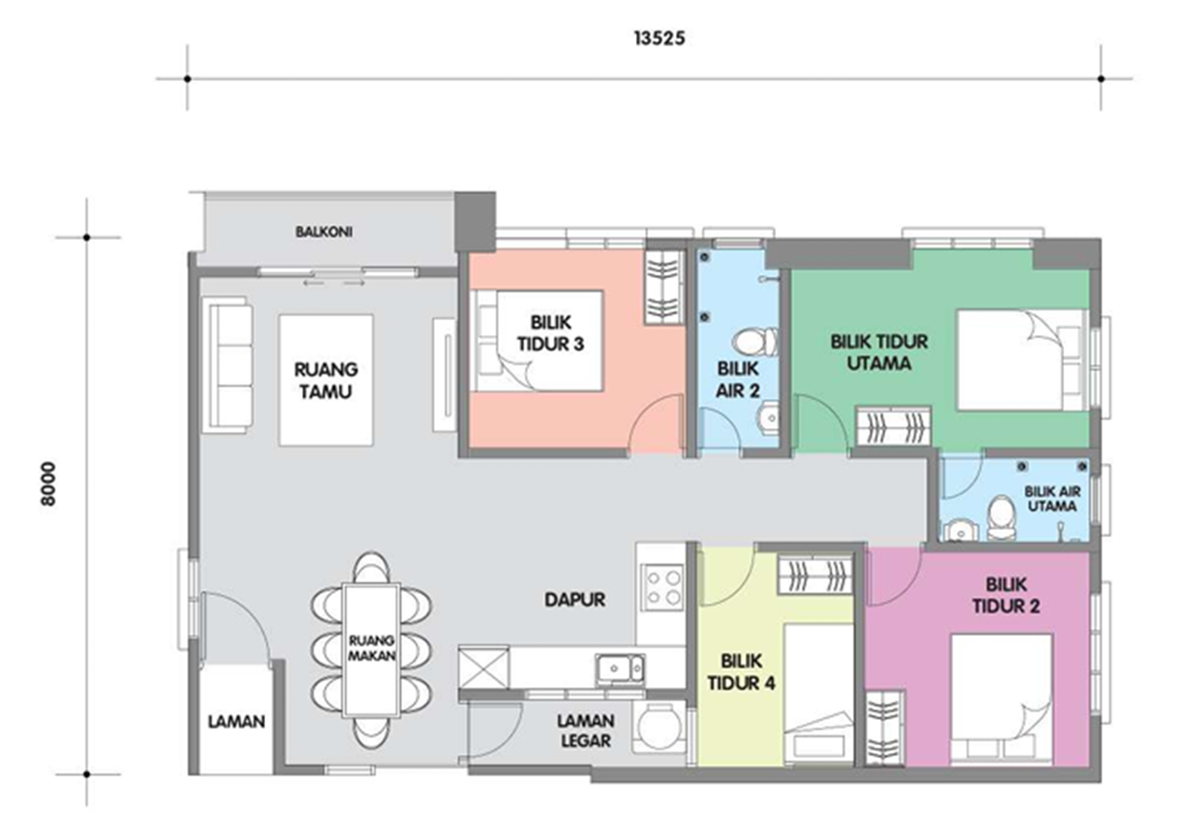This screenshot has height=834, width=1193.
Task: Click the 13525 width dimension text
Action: click(659, 38)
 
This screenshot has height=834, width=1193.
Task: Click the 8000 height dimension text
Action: click(48, 484)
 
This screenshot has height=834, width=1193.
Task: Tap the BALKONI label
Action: click(324, 232)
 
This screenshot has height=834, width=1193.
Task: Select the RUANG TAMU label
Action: click(326, 380)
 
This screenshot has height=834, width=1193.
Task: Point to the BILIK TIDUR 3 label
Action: click(551, 334)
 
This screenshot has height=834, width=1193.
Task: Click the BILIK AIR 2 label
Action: click(738, 379)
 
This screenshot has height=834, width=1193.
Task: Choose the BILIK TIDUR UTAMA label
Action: click(880, 352)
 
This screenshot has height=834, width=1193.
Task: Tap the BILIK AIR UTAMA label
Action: click(1052, 499)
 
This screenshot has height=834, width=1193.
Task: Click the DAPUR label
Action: click(575, 600)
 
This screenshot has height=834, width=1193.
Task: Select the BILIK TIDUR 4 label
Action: click(741, 672)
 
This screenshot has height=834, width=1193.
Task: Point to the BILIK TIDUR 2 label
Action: click(1006, 595)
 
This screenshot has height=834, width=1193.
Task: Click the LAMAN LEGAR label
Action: click(586, 731)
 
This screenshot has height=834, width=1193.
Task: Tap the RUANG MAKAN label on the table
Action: click(372, 648)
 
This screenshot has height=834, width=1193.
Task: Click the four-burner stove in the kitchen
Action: click(663, 588)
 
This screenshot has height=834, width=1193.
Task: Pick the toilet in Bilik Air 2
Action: click(755, 341)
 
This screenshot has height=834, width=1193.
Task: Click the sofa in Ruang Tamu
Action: click(227, 365)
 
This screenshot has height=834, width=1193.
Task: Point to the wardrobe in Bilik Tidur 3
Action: click(664, 287)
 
